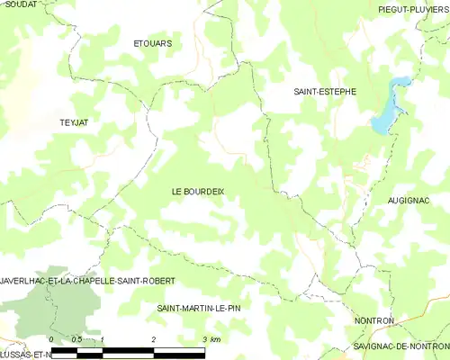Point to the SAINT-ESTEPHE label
pos(325,91)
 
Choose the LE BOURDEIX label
pos(198,191)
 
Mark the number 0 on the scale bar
pos(51,338)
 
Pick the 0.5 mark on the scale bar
pos(76,338)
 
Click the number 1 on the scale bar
pos(103,338)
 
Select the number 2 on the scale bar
pos(154,338)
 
